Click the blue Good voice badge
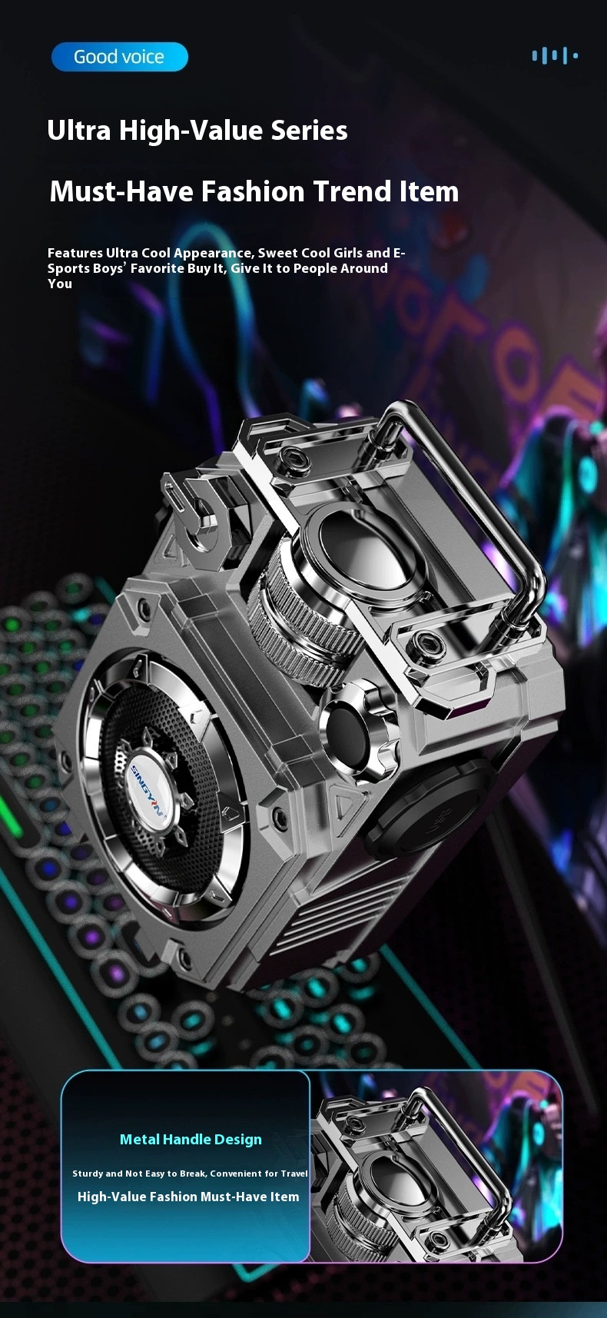point(120,57)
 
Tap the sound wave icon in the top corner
point(554,55)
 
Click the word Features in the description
point(75,253)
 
